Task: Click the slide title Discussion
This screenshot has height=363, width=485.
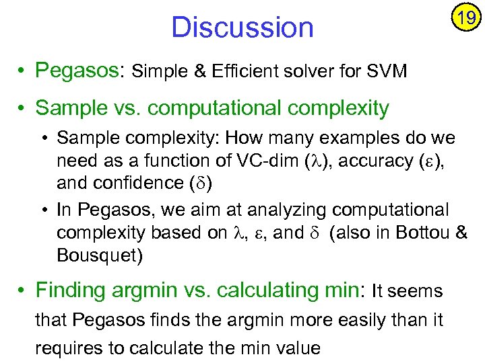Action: [x=243, y=28]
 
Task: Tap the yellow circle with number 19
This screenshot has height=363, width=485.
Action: [x=465, y=17]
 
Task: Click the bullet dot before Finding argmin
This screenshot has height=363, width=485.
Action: [x=23, y=291]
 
